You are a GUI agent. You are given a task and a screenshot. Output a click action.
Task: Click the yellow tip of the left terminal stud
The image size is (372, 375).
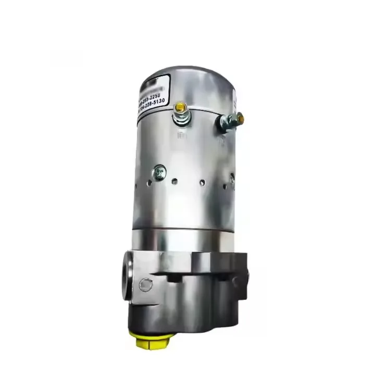click(181, 107)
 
